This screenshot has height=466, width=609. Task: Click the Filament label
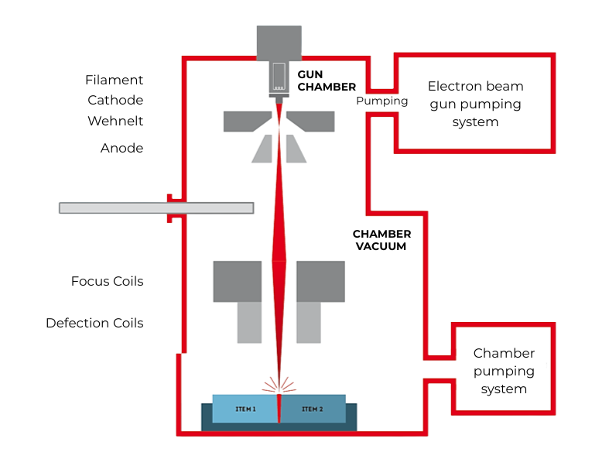pos(115,80)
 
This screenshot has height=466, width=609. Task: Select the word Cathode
pos(115,101)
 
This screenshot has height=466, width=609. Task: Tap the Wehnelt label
pos(115,122)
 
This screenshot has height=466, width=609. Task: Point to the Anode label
pos(121,148)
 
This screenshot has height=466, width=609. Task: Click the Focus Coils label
pos(107,281)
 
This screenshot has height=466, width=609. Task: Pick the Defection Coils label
pos(94,323)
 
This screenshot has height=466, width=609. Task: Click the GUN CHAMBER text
pos(327,81)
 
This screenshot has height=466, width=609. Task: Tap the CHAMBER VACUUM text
pos(381,240)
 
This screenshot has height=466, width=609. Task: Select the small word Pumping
pos(381,101)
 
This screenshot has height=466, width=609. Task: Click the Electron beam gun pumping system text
pos(475,104)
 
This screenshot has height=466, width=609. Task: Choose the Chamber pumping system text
pos(504,371)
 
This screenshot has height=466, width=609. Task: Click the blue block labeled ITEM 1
pos(245,409)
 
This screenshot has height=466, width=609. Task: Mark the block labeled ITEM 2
pos(313,409)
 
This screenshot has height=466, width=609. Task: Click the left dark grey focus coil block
pos(238,280)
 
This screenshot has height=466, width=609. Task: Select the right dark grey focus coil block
pos(320,280)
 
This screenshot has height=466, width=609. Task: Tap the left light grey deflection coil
pos(249,322)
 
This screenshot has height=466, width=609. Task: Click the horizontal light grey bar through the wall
pos(156,207)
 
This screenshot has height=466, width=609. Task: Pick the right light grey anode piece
pos(296,149)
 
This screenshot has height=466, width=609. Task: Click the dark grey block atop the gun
pos(279,42)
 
